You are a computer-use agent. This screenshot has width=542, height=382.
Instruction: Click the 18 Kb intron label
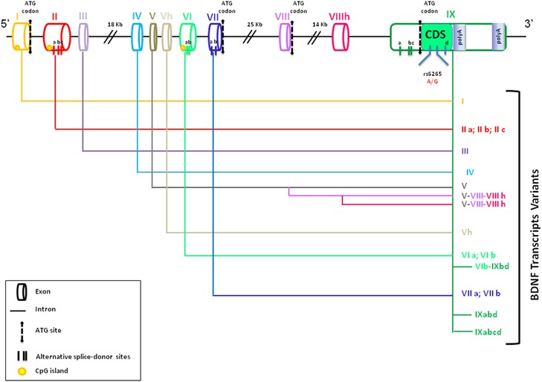[114, 25]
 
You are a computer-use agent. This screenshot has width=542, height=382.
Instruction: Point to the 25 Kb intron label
[254, 25]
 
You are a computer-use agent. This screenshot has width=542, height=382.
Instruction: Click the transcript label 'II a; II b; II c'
[485, 129]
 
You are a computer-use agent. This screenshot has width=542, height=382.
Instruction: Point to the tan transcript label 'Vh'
[467, 232]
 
